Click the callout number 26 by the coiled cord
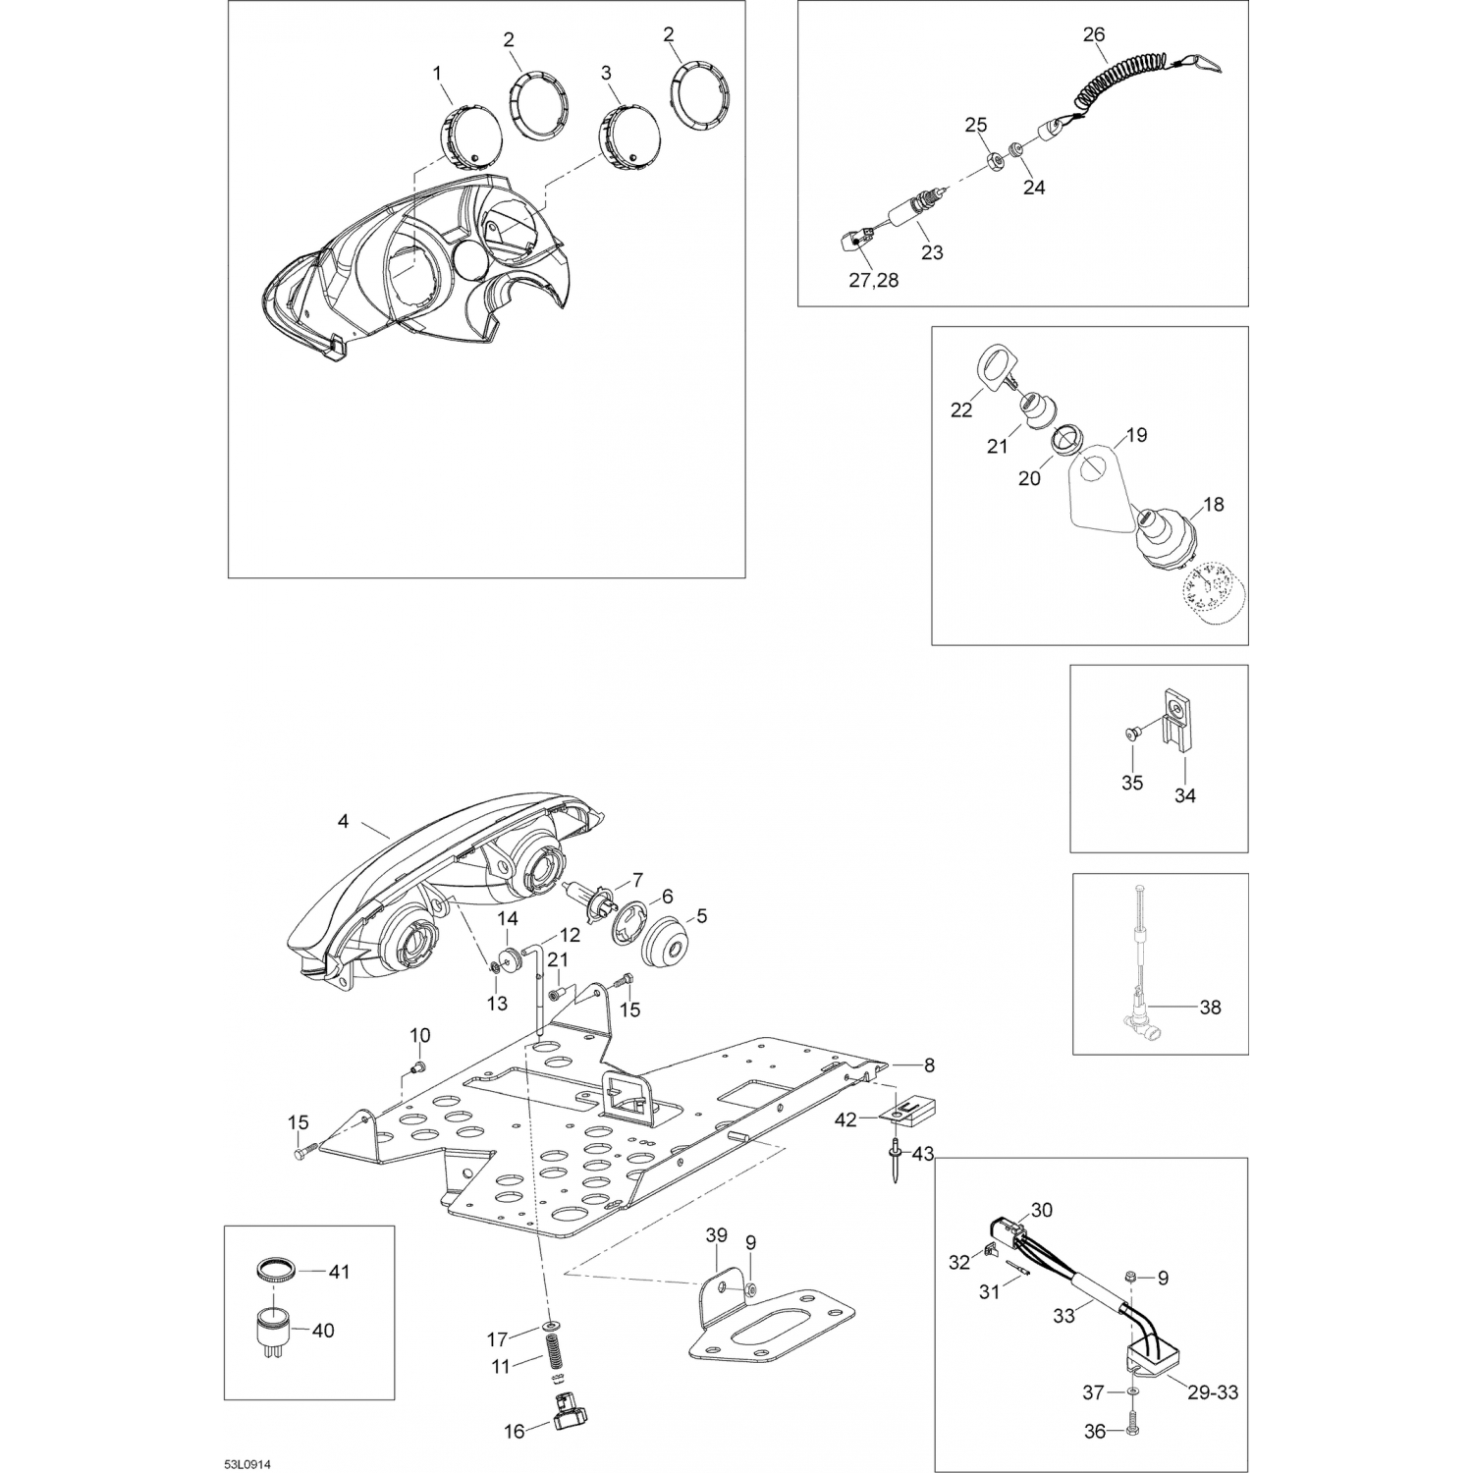[1094, 35]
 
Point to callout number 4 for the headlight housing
[343, 821]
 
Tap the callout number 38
[1210, 1008]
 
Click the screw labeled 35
[1130, 733]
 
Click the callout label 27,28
[873, 280]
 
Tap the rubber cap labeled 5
[667, 937]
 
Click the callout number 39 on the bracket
[717, 1234]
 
